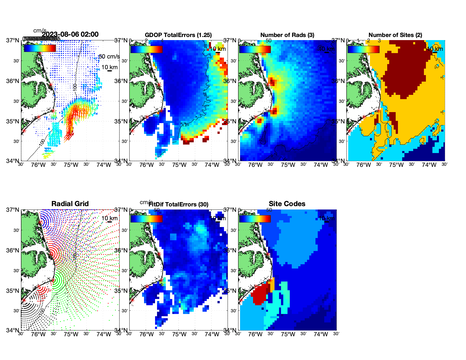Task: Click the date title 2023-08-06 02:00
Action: [x=70, y=34]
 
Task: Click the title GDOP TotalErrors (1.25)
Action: [x=178, y=35]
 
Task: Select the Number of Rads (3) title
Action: [x=287, y=35]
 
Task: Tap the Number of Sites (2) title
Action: [x=395, y=35]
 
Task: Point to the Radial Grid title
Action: [x=70, y=204]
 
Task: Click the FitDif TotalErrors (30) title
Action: [x=178, y=204]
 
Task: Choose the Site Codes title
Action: [x=287, y=204]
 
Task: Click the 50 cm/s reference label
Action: [x=109, y=56]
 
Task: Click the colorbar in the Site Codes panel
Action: [x=255, y=219]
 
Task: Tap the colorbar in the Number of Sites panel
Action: [x=363, y=49]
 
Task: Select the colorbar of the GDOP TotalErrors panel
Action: [x=146, y=49]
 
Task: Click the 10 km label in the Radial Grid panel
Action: [x=109, y=218]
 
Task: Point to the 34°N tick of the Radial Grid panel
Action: [x=13, y=330]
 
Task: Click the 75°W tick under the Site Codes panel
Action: [x=288, y=334]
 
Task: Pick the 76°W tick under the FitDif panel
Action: [x=147, y=334]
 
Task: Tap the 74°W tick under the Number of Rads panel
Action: [x=321, y=165]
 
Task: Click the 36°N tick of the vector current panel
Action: [x=13, y=81]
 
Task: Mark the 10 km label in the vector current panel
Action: [x=109, y=67]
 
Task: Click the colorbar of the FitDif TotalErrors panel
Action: [x=146, y=219]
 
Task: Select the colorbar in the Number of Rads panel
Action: [x=255, y=49]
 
